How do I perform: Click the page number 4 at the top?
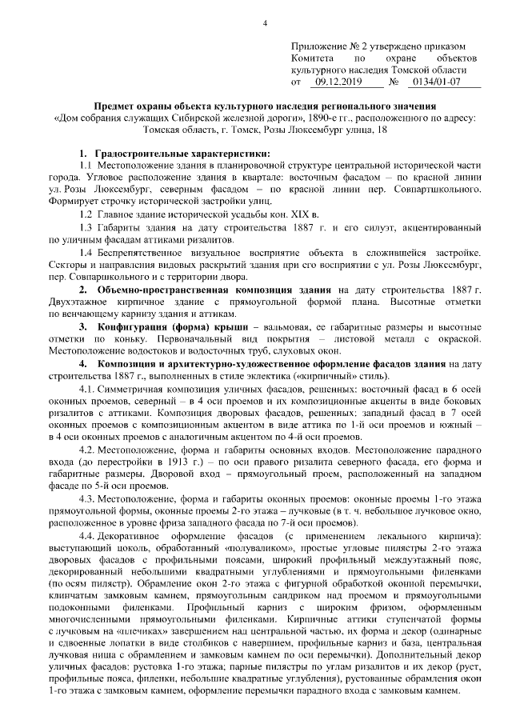click(x=265, y=22)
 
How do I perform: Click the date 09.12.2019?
click(x=338, y=82)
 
